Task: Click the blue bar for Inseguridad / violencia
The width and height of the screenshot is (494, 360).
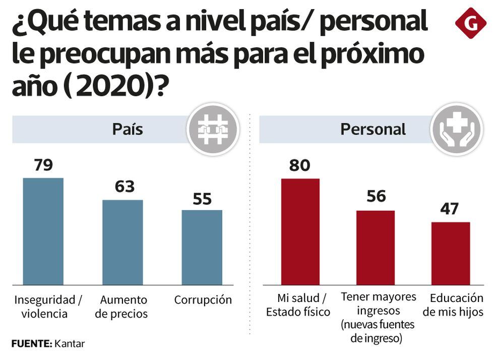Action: [43, 231]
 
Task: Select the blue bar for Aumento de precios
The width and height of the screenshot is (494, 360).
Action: [122, 242]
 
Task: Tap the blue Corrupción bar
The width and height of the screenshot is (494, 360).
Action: [202, 247]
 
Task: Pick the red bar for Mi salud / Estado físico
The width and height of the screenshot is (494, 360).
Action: [300, 231]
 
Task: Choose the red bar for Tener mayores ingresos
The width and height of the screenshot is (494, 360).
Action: [376, 247]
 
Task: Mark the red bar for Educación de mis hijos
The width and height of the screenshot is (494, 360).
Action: [451, 253]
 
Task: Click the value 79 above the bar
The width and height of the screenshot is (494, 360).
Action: [43, 165]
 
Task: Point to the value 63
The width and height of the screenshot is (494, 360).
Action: [125, 187]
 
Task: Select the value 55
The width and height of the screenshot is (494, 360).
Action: [202, 199]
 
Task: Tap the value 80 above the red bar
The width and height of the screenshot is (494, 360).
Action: [299, 165]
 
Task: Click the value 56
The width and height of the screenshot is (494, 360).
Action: [376, 196]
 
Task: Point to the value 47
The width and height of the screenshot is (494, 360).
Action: [449, 209]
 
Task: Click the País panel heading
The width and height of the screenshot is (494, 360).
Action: [127, 129]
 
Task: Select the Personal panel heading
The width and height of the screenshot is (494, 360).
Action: [373, 129]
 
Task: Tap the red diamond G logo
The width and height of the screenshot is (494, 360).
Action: [470, 23]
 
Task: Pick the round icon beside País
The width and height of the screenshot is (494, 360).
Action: [212, 129]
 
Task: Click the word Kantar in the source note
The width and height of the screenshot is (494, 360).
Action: [70, 344]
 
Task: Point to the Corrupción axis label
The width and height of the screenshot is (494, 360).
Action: [203, 300]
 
